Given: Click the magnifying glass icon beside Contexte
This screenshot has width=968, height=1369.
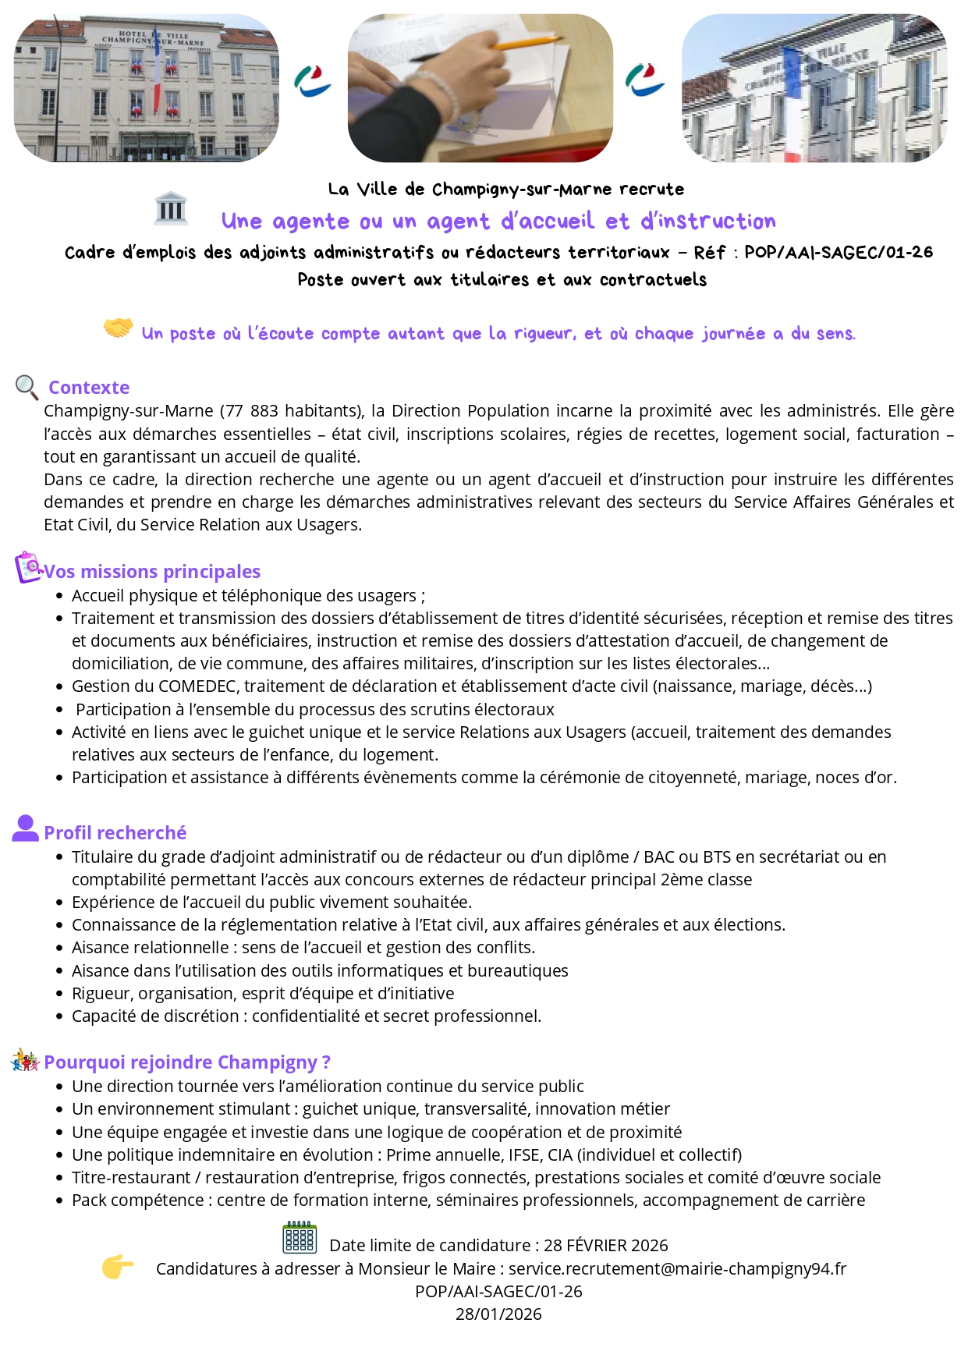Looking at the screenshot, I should point(27,387).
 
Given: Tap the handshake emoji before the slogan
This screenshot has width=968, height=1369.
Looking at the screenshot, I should point(118,328).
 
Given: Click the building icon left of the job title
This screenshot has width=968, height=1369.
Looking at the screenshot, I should point(171,209).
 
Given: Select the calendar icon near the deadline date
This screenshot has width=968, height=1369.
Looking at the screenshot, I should point(300,1238).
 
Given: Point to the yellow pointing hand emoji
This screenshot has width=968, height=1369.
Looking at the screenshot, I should point(117,1267).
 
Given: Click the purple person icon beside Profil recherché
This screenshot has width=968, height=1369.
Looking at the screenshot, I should point(25,828).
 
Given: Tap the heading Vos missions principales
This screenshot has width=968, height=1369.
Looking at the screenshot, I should point(152,572).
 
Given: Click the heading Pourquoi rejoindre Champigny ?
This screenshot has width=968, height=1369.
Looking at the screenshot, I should point(187,1062).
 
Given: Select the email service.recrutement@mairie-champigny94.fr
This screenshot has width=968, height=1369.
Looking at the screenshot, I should point(677,1269).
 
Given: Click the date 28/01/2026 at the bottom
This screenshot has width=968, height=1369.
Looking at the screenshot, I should point(498,1314).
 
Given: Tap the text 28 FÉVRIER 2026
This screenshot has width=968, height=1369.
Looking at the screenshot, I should point(606,1246).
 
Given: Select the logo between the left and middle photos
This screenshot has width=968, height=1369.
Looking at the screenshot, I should point(313,81).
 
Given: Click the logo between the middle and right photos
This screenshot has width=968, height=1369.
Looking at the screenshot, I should point(645,80).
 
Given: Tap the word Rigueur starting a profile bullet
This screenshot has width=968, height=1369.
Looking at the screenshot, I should point(101,994).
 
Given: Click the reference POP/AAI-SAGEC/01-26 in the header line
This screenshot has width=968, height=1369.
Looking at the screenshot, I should point(839,253).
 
